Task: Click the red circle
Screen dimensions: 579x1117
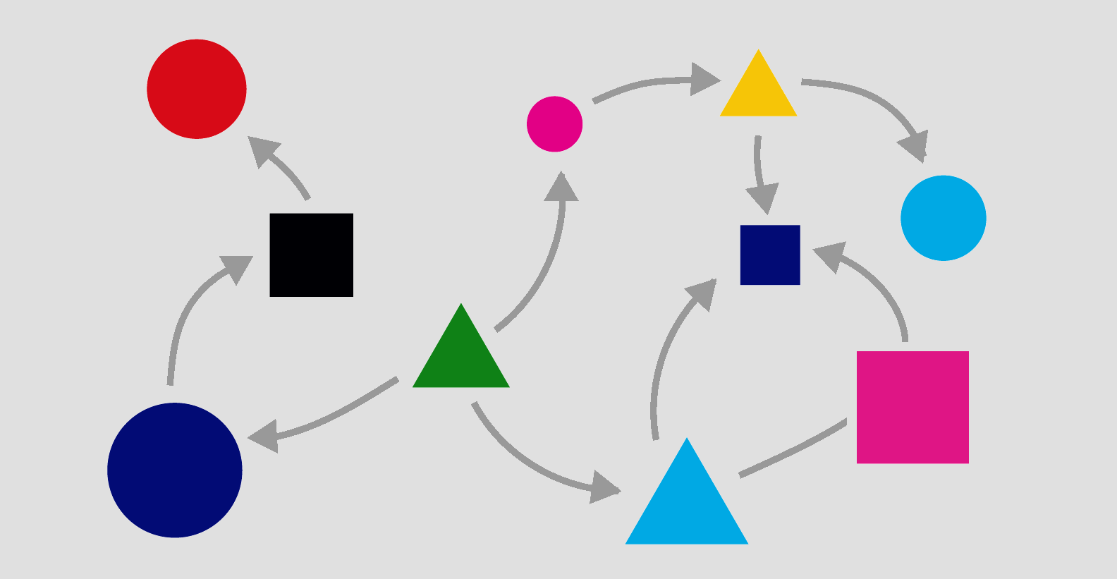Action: point(197,89)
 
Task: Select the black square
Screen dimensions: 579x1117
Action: point(311,255)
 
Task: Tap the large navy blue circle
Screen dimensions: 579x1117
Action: point(175,470)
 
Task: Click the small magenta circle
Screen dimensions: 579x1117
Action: point(555,124)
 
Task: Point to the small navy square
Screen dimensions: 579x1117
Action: point(770,255)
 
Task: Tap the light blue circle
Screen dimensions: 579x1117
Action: point(943,218)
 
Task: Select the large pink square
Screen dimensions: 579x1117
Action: point(912,407)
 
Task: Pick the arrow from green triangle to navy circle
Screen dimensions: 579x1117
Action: point(331,416)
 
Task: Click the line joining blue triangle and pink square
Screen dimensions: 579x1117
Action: point(793,449)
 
